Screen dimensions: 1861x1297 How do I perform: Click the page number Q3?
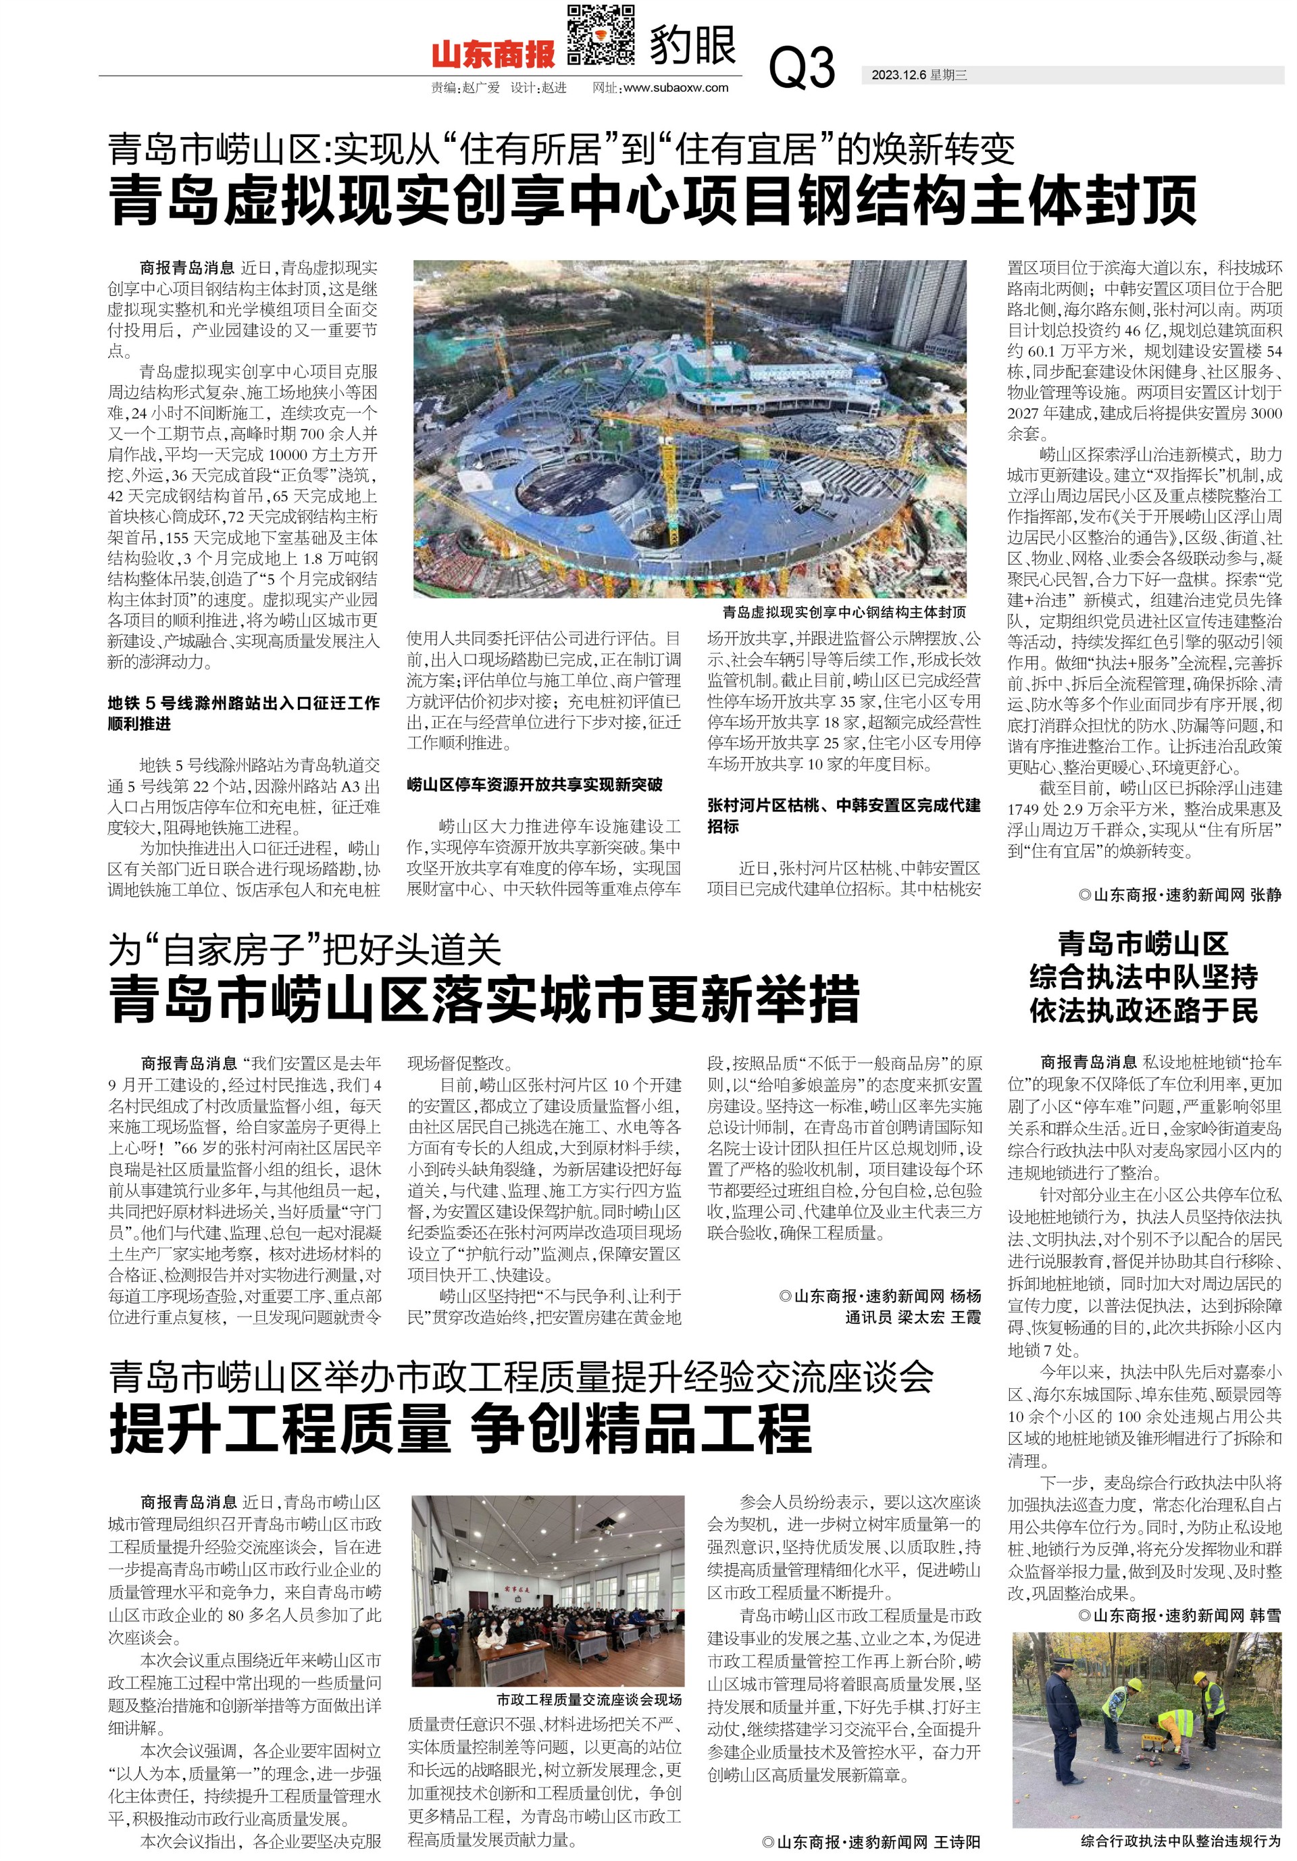(x=801, y=68)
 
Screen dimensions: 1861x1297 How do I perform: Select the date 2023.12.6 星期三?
(x=919, y=76)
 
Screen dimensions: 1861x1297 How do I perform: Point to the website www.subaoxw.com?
(x=676, y=88)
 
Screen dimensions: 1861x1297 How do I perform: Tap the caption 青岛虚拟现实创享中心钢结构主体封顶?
(x=844, y=612)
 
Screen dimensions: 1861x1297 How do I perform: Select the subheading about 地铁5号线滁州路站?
(x=243, y=713)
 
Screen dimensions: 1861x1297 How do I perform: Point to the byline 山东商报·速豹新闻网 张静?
(x=1179, y=895)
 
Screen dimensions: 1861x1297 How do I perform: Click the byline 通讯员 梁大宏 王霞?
(x=913, y=1317)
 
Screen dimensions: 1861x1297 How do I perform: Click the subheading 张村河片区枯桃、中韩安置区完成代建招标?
(x=843, y=815)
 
